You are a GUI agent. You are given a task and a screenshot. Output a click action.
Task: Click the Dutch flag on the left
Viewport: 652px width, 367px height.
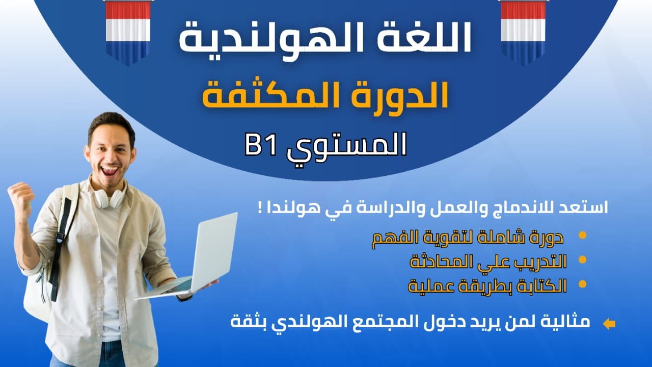point(128,31)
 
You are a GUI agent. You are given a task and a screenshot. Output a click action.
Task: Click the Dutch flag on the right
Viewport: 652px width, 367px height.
point(523,31)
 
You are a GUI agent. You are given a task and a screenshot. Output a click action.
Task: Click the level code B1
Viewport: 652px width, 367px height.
point(261,144)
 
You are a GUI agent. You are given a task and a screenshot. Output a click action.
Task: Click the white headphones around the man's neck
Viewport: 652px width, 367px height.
point(109,199)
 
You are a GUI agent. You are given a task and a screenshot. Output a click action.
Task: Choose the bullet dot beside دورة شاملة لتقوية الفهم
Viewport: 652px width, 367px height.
point(582,235)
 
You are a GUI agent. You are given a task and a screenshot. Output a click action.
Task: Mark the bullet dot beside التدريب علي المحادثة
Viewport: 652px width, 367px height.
point(582,260)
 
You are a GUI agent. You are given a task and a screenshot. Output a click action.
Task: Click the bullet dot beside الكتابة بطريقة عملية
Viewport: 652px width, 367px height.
point(582,284)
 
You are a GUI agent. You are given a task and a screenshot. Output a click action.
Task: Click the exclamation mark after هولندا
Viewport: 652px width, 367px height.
point(260,209)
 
